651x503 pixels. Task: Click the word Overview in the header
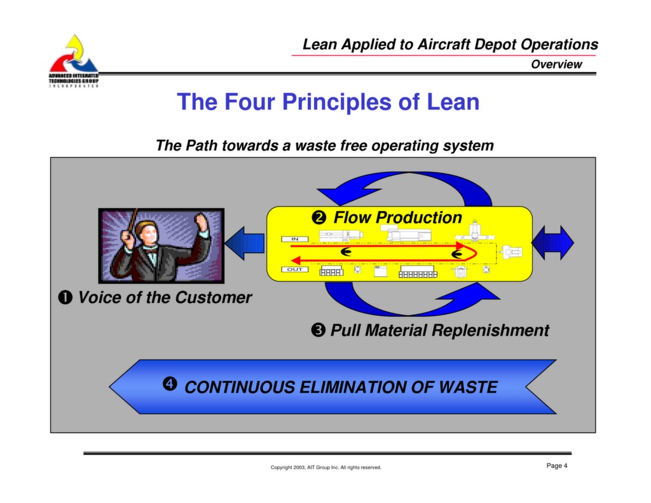tap(556, 64)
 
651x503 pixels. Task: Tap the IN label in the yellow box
tap(295, 239)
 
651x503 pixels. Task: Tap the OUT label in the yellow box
tap(295, 270)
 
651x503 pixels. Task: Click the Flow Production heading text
tap(398, 217)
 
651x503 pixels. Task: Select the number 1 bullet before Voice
tap(65, 298)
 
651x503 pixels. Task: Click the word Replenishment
tap(490, 331)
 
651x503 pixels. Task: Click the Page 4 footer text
tap(557, 466)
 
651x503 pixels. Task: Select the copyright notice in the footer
tap(325, 467)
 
